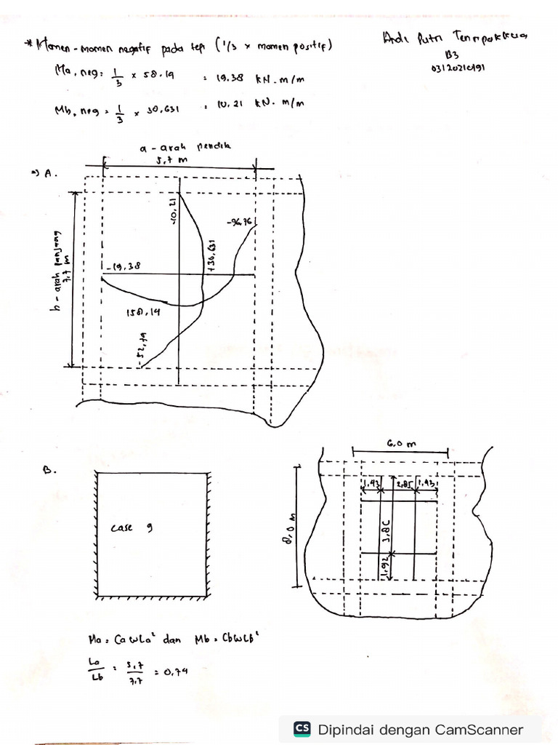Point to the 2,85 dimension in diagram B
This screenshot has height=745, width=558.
pyautogui.click(x=404, y=484)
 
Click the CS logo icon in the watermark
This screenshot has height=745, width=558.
pyautogui.click(x=302, y=729)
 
